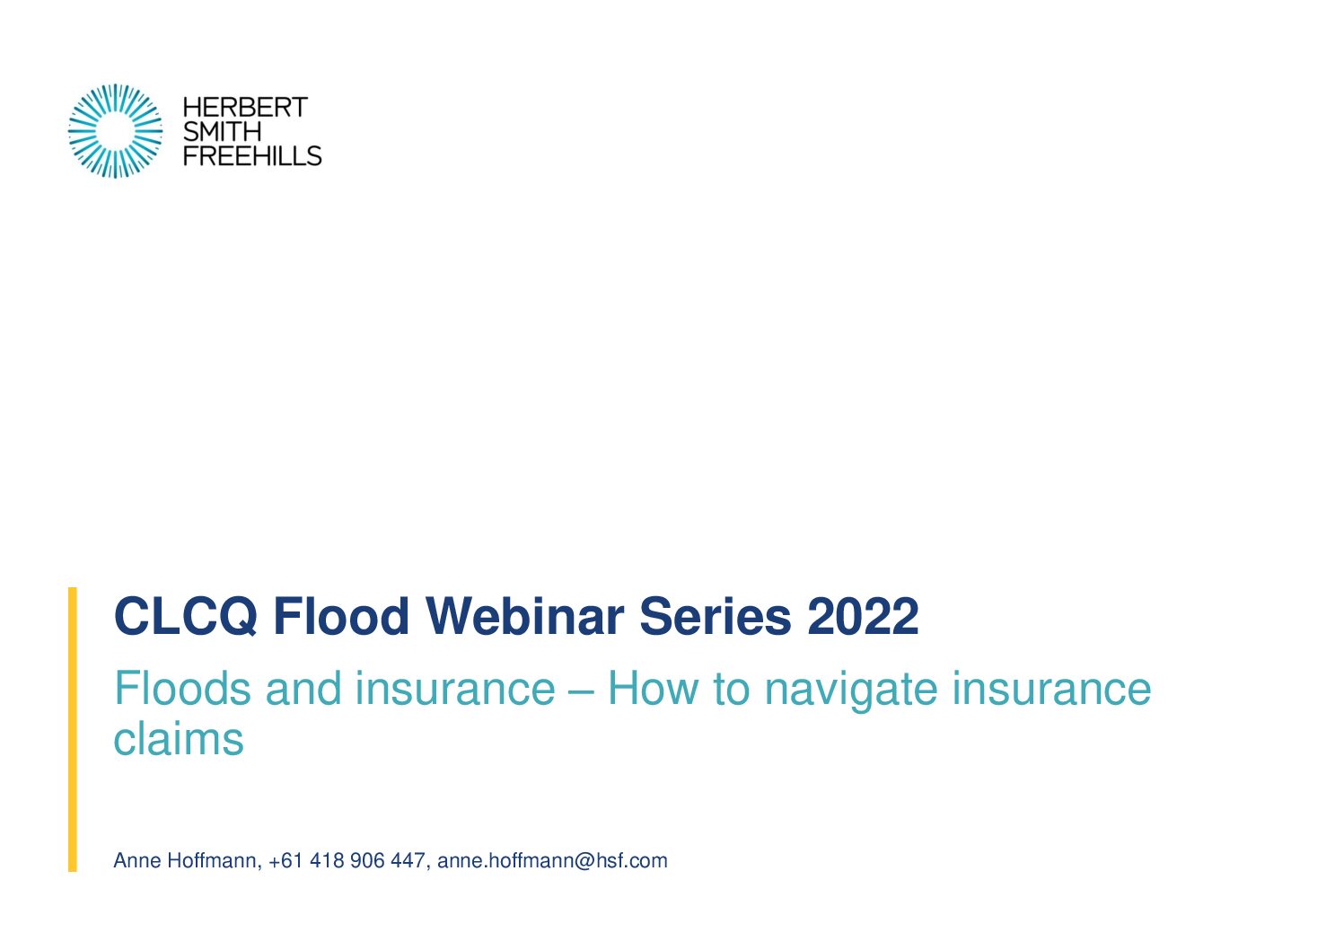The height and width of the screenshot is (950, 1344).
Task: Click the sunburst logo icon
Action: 115,131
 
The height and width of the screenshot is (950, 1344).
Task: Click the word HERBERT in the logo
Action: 245,108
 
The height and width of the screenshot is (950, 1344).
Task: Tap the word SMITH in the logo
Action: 222,131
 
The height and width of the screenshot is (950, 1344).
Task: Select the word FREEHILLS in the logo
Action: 252,155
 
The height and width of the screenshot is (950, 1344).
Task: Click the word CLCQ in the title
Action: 186,616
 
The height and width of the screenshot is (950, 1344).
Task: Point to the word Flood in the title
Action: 341,616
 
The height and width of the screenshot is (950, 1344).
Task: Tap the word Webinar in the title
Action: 525,616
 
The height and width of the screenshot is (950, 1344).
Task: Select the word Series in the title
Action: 716,616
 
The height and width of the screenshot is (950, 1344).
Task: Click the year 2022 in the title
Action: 863,616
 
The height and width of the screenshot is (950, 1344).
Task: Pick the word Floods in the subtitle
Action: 182,689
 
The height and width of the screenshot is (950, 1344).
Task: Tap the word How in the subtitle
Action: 653,689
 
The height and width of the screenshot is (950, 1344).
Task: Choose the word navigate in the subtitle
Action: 851,691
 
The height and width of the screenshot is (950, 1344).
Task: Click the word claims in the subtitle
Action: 179,739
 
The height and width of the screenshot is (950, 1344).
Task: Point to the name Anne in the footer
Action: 137,860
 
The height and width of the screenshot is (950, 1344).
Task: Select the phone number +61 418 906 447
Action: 347,860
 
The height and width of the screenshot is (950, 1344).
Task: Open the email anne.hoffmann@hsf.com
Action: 552,860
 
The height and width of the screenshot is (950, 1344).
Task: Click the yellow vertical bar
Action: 73,729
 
